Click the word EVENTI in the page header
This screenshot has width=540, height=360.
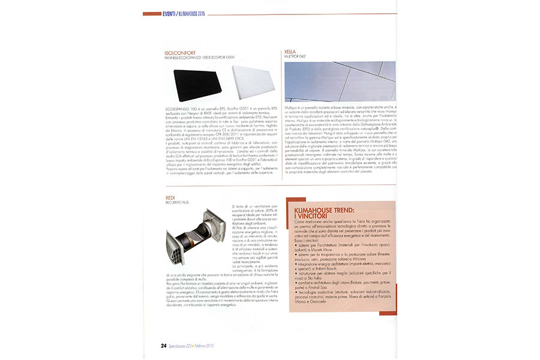[170, 13]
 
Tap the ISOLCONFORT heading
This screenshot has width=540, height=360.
[183, 53]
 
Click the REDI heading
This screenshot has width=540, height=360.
[170, 197]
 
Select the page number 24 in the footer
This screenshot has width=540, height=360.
[163, 346]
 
